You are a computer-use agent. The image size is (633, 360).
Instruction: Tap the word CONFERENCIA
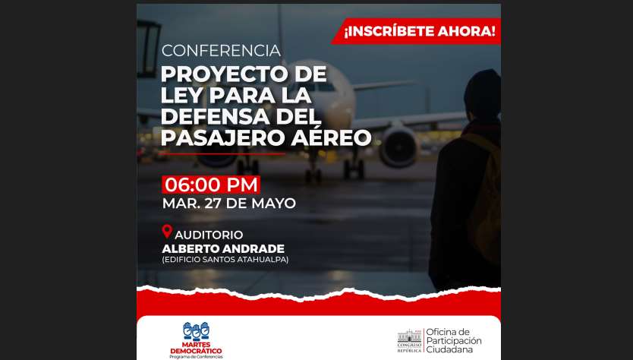(221, 51)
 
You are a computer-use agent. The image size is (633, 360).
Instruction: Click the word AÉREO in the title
(331, 137)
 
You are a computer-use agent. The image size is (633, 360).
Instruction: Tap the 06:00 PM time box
(211, 185)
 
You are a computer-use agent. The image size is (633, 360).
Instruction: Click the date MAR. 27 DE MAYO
(229, 204)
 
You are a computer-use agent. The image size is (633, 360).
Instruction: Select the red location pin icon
(167, 232)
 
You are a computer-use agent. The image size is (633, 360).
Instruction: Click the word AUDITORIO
(209, 235)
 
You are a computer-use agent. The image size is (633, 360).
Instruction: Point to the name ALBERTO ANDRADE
(223, 248)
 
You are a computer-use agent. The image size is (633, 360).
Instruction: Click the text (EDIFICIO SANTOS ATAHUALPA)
(225, 260)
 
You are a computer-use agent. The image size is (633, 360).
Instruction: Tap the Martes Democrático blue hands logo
(196, 331)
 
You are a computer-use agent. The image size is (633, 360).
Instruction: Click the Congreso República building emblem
(409, 340)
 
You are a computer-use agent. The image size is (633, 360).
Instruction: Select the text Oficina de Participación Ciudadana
(454, 340)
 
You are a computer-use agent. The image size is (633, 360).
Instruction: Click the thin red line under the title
(222, 154)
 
